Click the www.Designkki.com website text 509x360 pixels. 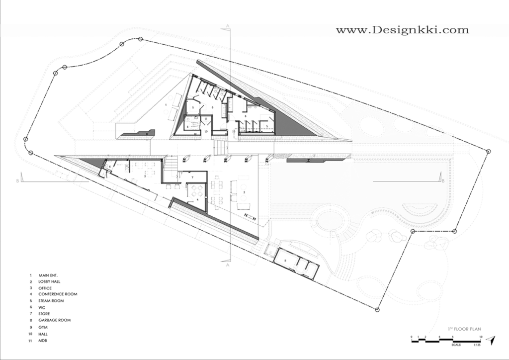tap(402, 30)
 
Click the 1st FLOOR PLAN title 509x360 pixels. tap(465, 329)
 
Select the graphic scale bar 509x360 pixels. tap(445, 339)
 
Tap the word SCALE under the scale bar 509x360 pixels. tap(456, 344)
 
